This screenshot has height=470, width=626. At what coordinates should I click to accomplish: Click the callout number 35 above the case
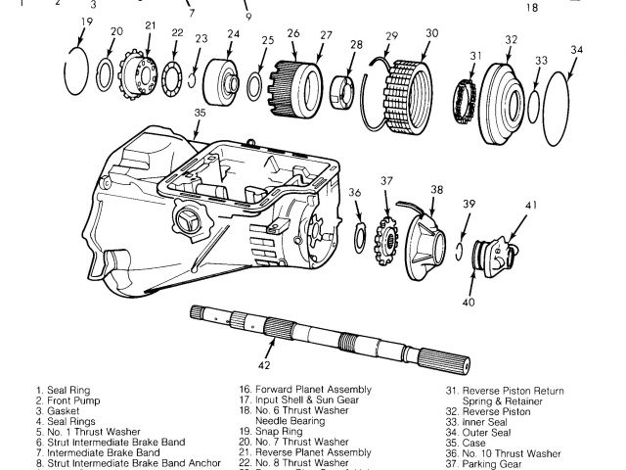click(200, 114)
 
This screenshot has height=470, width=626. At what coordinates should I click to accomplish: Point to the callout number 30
click(431, 33)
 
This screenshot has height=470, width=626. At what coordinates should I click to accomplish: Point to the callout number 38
click(436, 190)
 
